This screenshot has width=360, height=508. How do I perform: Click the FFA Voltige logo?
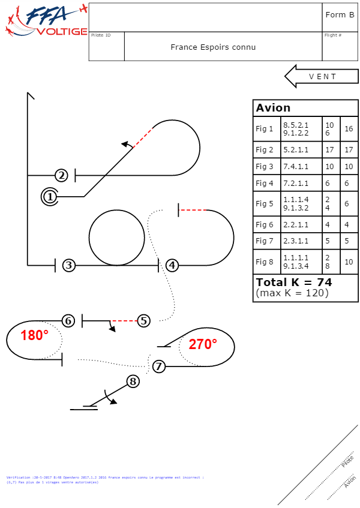tap(46, 21)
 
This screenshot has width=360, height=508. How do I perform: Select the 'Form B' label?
tap(340, 14)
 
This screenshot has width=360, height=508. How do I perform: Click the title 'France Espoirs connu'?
tap(213, 47)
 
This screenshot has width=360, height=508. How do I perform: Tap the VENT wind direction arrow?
tap(320, 76)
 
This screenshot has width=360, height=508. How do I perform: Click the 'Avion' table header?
tap(274, 108)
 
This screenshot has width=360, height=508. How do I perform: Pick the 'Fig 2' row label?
tap(265, 149)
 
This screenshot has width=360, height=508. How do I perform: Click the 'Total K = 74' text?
tap(294, 282)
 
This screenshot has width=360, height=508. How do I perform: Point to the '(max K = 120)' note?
tap(292, 293)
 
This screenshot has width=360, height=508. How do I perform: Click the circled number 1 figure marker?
tap(50, 196)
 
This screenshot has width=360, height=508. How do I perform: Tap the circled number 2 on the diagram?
tap(62, 175)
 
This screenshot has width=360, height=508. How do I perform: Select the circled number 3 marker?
tap(69, 264)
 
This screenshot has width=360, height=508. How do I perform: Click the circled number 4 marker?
tap(172, 264)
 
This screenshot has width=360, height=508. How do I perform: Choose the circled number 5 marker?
tap(143, 321)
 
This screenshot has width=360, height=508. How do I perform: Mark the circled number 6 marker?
tap(68, 321)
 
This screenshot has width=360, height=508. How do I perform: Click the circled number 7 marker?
tap(158, 366)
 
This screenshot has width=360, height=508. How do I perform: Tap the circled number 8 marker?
tap(133, 381)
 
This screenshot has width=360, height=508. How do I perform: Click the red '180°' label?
tap(34, 335)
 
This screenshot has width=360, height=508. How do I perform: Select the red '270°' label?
tap(202, 344)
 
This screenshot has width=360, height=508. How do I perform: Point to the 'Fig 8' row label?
tap(265, 261)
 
